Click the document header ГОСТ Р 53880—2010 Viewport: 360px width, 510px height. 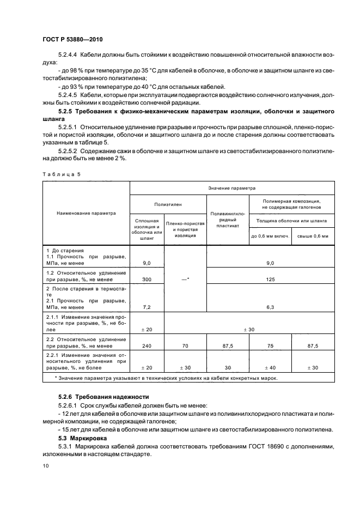click(72, 40)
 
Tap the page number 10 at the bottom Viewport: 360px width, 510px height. click(46, 466)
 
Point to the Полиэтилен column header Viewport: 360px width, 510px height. click(168, 205)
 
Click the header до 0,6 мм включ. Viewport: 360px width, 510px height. click(270, 235)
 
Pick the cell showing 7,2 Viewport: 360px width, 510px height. click(147, 307)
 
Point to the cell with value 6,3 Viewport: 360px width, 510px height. click(270, 307)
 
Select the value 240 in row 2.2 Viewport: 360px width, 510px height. click(147, 345)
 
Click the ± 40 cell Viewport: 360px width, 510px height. click(270, 368)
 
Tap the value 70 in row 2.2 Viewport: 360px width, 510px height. click(185, 345)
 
